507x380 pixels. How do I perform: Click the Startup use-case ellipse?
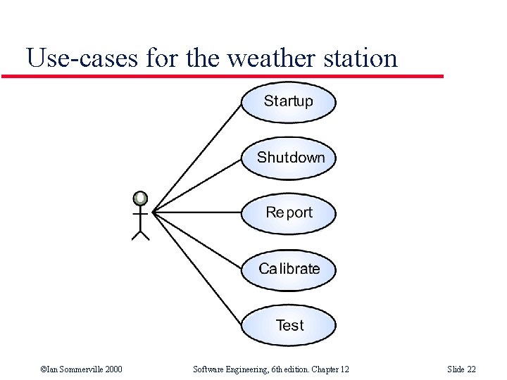coord(289,102)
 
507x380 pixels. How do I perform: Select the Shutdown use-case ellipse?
coord(289,158)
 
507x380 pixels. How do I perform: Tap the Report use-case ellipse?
coord(289,213)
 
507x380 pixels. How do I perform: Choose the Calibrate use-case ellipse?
coord(289,269)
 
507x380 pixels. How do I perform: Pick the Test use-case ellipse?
coord(289,325)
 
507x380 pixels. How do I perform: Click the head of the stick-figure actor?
coord(141,198)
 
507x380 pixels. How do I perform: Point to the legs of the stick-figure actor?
coord(141,232)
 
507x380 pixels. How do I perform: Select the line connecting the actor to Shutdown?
coord(198,184)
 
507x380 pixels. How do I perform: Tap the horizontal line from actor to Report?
coord(197,211)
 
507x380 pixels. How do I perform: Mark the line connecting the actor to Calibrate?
coord(198,239)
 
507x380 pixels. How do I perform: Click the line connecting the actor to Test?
coord(198,267)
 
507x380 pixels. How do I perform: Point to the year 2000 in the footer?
coord(113,369)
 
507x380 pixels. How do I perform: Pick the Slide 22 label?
coord(461,369)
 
